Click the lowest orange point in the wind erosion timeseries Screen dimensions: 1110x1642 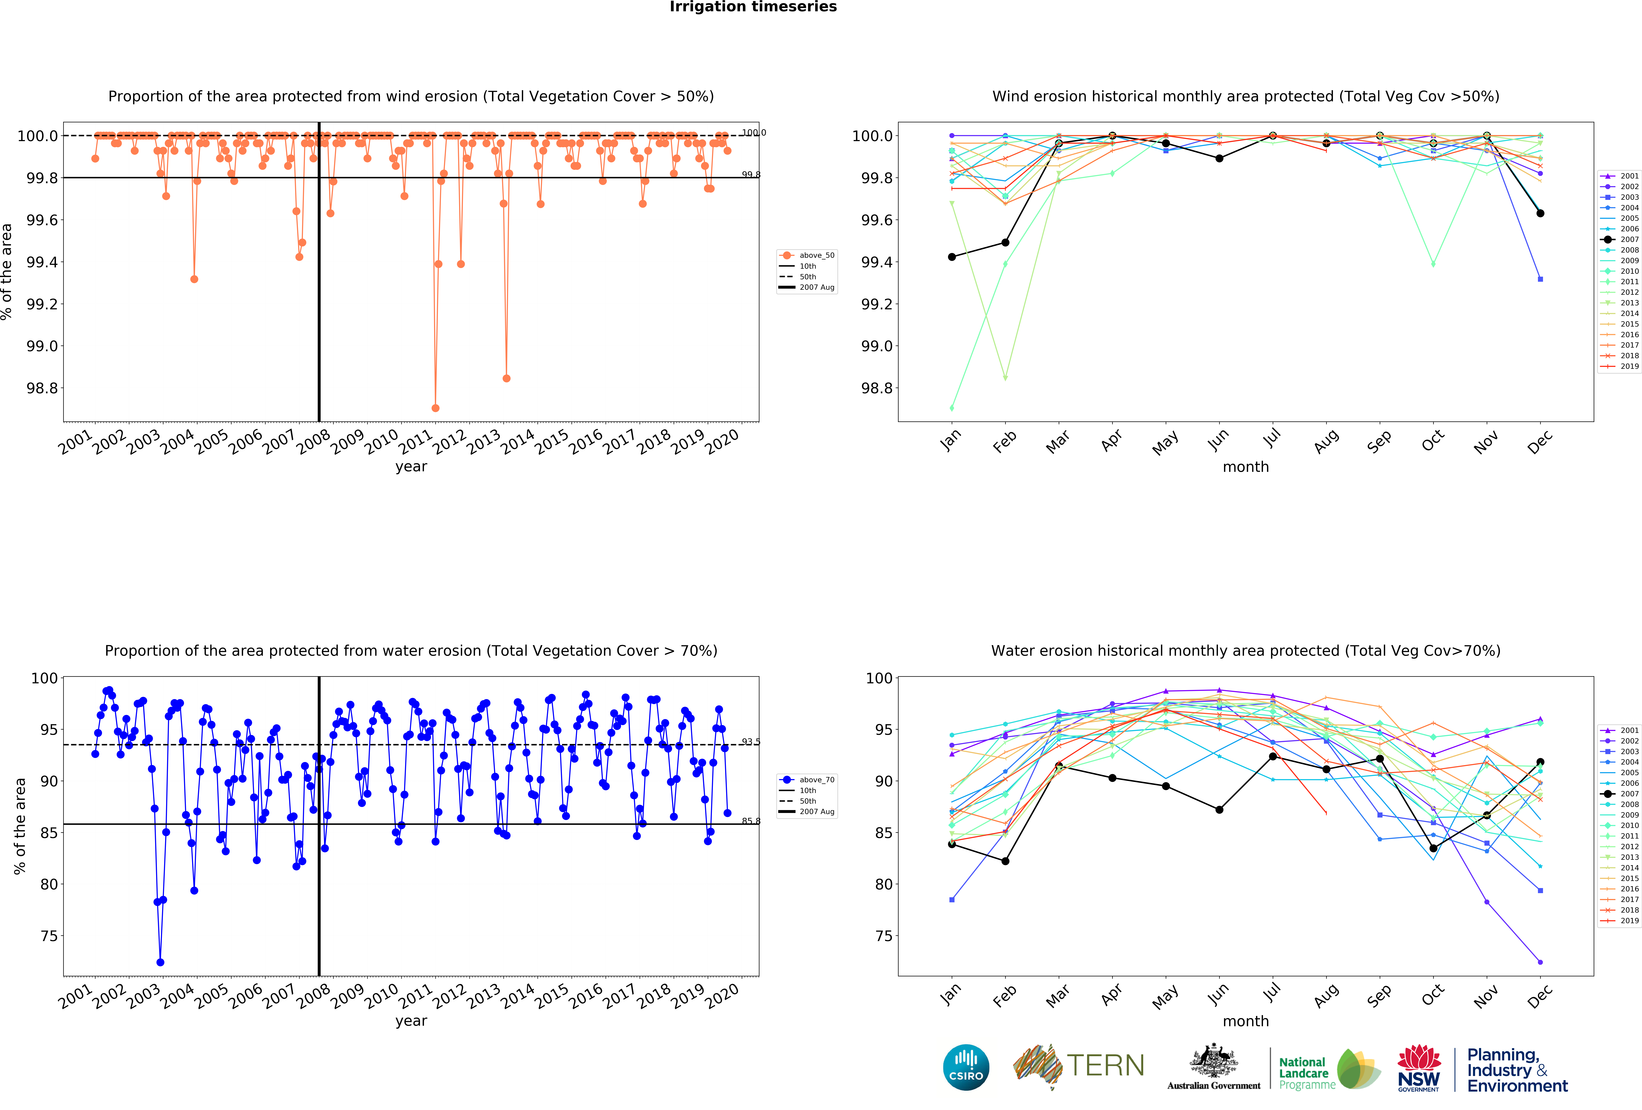pos(435,408)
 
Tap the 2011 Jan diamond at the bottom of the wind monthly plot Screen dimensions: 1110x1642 pos(952,408)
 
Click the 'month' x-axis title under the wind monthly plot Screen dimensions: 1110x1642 pos(1246,467)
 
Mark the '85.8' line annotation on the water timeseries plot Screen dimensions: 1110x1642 pos(750,821)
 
